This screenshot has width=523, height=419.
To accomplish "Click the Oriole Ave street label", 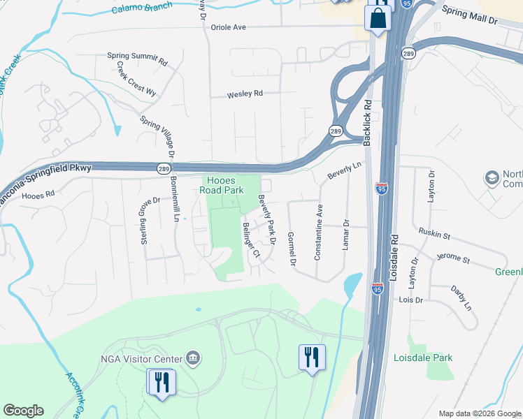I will click(x=229, y=27).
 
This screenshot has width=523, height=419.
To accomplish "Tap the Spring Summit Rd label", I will click(x=138, y=59).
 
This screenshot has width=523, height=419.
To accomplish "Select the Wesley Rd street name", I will click(x=245, y=94).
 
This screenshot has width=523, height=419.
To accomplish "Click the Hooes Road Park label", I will click(x=222, y=184).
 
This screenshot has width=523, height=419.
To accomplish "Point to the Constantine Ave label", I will click(x=319, y=233).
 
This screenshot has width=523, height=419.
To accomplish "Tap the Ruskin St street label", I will click(x=435, y=235).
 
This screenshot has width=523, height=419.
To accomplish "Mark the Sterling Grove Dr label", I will click(x=143, y=220).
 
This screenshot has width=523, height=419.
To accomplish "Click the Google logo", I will click(x=23, y=410).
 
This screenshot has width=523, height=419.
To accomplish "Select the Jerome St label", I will click(x=453, y=259).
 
